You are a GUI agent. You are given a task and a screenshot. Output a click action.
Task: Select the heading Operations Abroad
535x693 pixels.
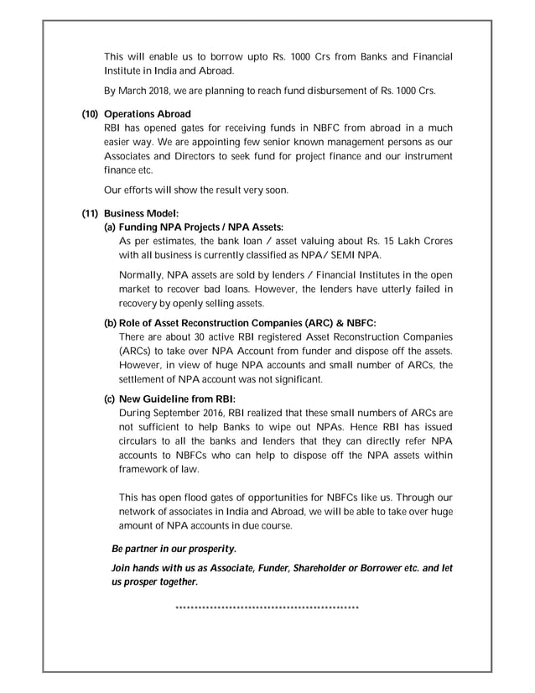click(x=148, y=113)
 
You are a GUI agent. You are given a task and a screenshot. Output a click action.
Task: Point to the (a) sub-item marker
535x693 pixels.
click(x=110, y=227)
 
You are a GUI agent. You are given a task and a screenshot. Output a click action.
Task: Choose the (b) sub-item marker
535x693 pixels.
click(x=110, y=323)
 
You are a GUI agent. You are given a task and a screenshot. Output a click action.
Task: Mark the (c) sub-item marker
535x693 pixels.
click(x=110, y=399)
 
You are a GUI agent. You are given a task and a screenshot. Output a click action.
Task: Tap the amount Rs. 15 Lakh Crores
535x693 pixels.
click(x=406, y=241)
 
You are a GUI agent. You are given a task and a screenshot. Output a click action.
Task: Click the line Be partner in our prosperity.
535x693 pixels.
click(x=174, y=549)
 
